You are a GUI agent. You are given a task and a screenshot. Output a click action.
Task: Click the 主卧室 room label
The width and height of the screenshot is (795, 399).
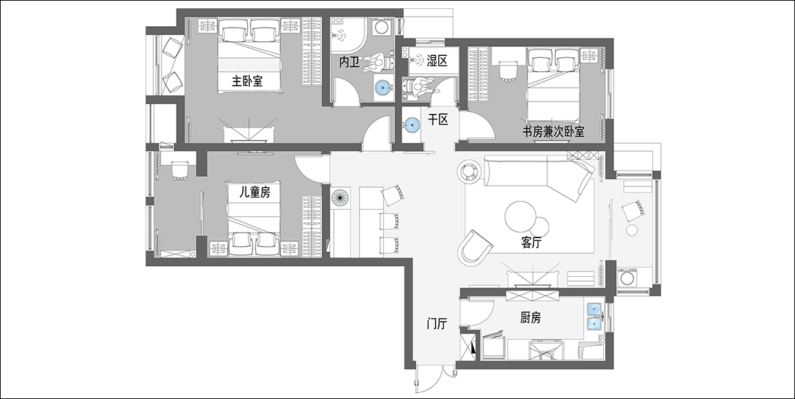[247, 81]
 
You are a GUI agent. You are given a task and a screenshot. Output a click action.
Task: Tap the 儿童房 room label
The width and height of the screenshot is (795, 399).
[255, 192]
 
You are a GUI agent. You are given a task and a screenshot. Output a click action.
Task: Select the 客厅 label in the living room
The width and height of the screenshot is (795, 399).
[531, 243]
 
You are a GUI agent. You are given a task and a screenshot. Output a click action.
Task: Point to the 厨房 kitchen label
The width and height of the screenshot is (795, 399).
[530, 318]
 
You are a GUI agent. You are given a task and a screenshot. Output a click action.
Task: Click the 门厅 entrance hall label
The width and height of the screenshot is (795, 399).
[437, 324]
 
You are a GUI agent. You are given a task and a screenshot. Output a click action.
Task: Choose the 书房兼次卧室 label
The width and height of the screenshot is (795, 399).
[553, 132]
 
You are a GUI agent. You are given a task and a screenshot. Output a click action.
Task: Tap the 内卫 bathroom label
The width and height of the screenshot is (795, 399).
[349, 62]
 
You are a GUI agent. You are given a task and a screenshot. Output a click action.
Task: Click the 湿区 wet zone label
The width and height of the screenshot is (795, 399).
[437, 61]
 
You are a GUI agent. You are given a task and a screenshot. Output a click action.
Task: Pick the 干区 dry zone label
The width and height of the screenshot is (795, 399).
[438, 119]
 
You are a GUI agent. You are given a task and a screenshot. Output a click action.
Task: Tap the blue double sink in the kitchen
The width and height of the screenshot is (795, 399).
[594, 316]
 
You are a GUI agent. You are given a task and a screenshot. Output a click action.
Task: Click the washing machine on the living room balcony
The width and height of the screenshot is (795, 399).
[629, 278]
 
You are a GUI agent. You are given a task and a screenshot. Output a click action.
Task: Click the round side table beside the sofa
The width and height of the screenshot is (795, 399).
[469, 171]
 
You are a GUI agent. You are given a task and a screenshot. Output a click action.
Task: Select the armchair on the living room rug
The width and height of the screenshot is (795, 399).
[475, 247]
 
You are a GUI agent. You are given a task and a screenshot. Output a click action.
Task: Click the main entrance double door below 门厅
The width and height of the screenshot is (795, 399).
[437, 378]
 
